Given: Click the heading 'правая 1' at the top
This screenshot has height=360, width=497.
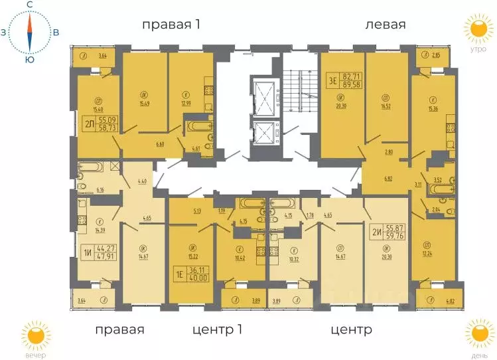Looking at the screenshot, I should [x=171, y=25].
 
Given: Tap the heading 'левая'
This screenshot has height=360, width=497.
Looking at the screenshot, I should [x=385, y=25].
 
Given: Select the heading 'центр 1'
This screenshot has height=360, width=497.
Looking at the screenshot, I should [x=224, y=329].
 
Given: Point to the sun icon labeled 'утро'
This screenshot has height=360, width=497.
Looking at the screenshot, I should [x=476, y=29].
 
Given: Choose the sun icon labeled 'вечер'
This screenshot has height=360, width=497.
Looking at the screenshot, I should [x=33, y=335].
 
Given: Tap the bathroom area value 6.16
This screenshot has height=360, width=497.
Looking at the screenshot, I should [x=101, y=190].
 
